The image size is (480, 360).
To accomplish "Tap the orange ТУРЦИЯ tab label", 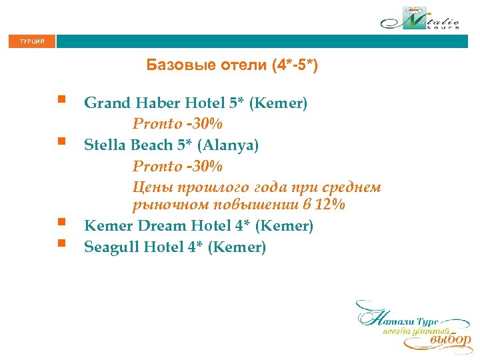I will (x=32, y=41).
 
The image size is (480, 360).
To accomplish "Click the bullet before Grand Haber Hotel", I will (x=61, y=100).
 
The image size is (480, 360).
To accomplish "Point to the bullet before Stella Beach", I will (x=61, y=141).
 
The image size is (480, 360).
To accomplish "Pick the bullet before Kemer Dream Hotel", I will (x=61, y=222).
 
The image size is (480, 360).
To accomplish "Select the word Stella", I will (x=104, y=145).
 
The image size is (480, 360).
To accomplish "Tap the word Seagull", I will (x=112, y=247).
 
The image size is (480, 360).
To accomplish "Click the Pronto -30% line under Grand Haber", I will (x=177, y=124).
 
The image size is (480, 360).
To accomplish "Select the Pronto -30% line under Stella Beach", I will (x=177, y=165).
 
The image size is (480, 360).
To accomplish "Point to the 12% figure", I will (x=331, y=205).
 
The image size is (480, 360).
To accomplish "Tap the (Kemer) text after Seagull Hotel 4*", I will (x=237, y=247).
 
